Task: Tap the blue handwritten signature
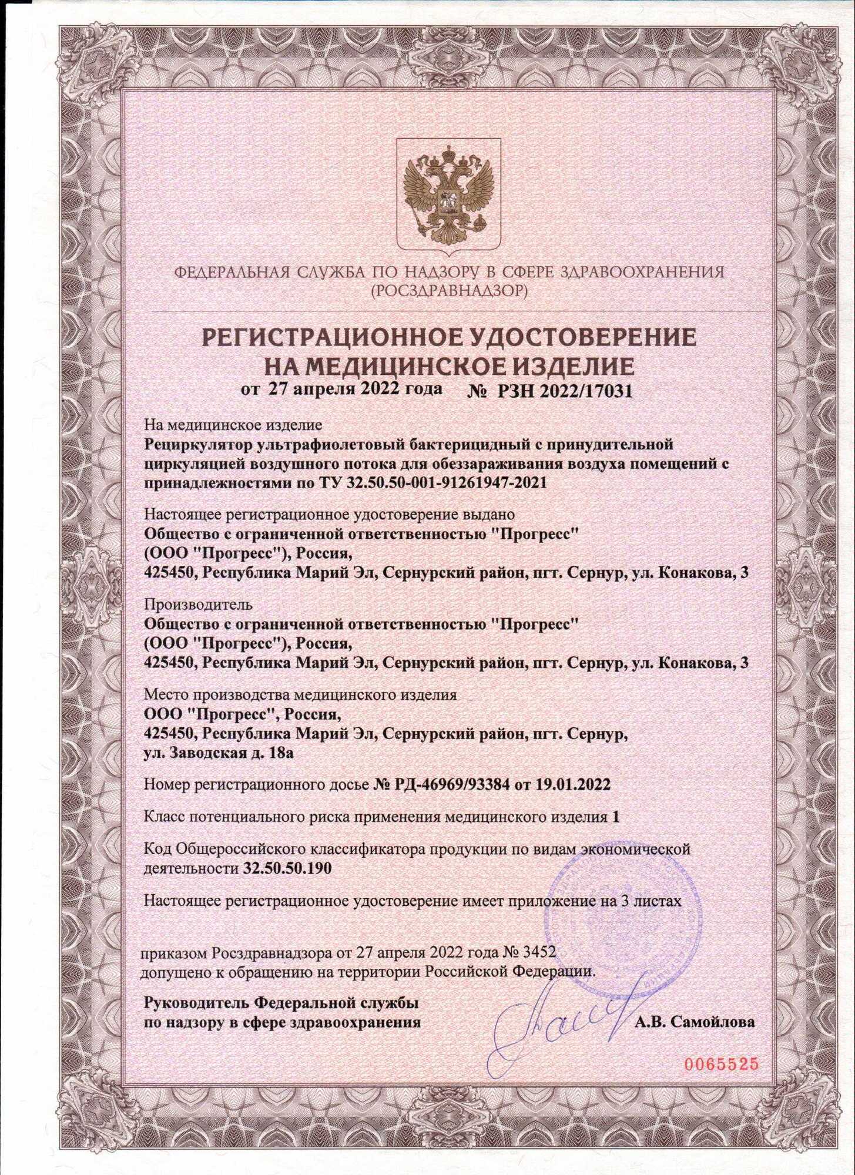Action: [x=564, y=1019]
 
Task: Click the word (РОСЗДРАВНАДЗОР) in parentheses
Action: [x=448, y=290]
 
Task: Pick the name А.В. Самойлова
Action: [x=695, y=1022]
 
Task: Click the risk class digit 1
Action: [x=615, y=817]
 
